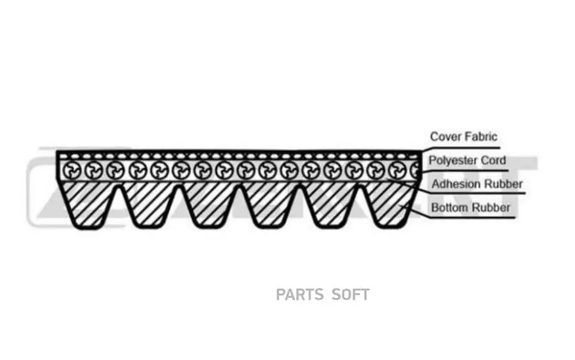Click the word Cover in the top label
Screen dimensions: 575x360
[445, 137]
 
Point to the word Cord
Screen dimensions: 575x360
[493, 160]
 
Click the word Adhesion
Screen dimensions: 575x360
[456, 184]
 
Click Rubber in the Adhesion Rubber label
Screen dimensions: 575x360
[502, 184]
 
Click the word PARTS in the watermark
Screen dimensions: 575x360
[300, 295]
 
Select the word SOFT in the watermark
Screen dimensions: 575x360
[351, 295]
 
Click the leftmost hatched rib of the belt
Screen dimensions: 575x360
[88, 203]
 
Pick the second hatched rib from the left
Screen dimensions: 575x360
[149, 203]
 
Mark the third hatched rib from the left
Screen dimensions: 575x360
[211, 203]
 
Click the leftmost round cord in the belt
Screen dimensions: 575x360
[73, 170]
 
